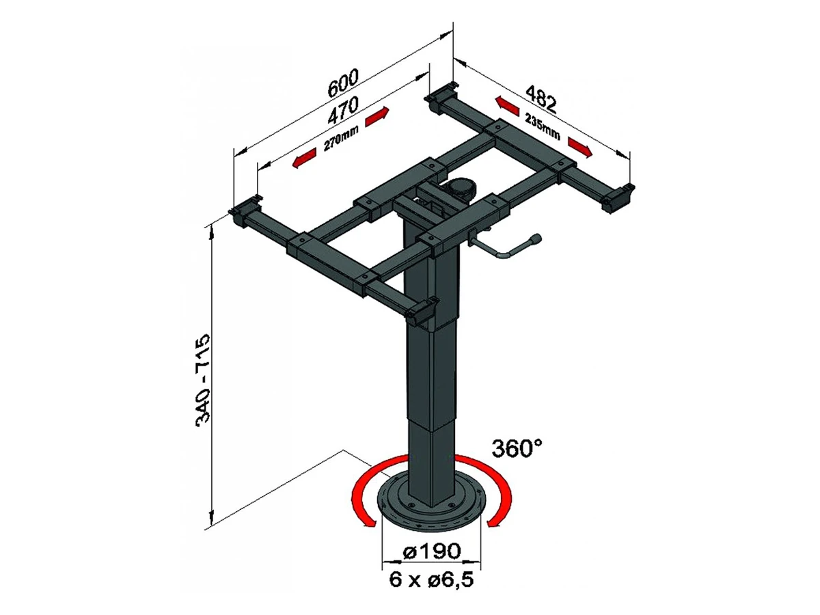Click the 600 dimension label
pyautogui.click(x=342, y=83)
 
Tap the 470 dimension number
pyautogui.click(x=343, y=110)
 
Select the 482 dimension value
pyautogui.click(x=541, y=99)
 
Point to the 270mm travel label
pyautogui.click(x=341, y=138)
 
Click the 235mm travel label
pyautogui.click(x=543, y=126)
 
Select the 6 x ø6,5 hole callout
pyautogui.click(x=431, y=579)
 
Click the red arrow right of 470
pyautogui.click(x=377, y=116)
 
